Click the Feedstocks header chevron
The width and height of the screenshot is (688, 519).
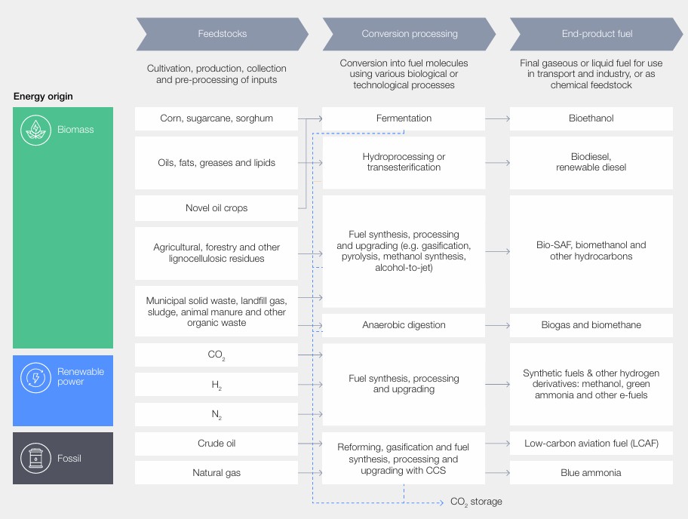click(x=222, y=34)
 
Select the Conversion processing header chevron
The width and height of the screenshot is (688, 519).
click(x=409, y=34)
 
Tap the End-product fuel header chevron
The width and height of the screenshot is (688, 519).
click(x=597, y=34)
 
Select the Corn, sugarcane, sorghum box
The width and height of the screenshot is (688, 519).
click(x=217, y=118)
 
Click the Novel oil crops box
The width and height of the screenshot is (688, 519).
click(x=217, y=208)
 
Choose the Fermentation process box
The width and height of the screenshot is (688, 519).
click(x=404, y=118)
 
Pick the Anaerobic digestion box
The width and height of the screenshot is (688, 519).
click(x=404, y=325)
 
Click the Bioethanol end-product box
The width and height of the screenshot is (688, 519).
click(x=591, y=118)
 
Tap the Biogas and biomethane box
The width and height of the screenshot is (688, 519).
click(x=591, y=325)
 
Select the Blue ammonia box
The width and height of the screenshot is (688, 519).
click(x=591, y=473)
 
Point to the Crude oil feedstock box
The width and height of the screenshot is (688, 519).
click(x=217, y=444)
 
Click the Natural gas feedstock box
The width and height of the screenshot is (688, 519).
click(x=217, y=473)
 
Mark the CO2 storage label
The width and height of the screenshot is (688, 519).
click(x=475, y=502)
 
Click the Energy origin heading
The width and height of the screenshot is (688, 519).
click(x=43, y=97)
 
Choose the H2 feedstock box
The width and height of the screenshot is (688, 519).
click(x=217, y=385)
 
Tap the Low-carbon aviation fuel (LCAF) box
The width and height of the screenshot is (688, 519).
click(x=591, y=444)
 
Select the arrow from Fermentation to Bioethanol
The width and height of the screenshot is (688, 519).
click(x=497, y=118)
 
